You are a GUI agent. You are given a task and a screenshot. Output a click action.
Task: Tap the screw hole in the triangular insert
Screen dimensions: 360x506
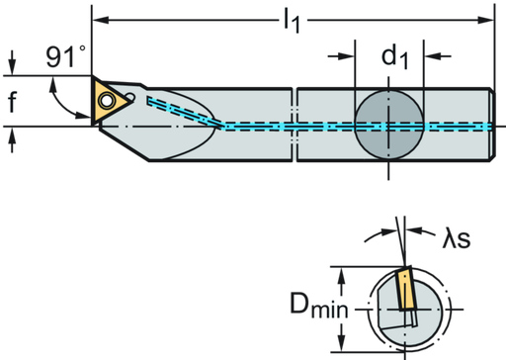point(105,97)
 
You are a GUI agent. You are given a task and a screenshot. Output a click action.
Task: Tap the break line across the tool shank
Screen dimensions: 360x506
point(294,125)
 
